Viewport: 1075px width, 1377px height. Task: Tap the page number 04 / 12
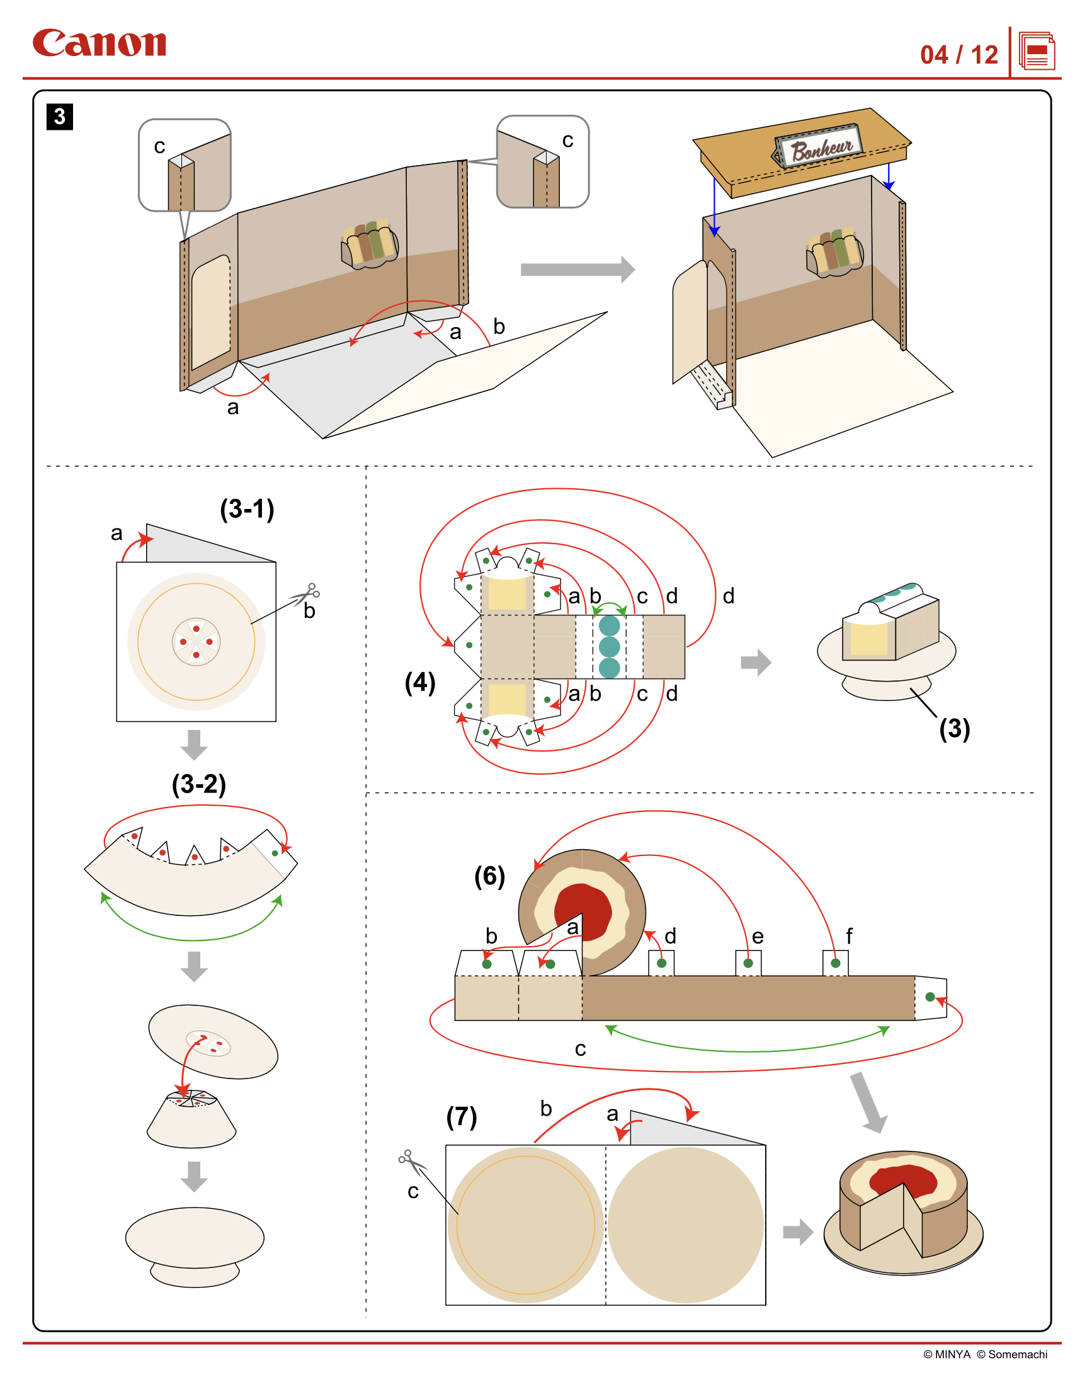click(x=958, y=55)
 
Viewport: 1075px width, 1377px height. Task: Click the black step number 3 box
click(x=60, y=117)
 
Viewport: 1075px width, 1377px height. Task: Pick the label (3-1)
click(x=247, y=510)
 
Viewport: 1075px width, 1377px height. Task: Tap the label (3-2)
click(x=198, y=784)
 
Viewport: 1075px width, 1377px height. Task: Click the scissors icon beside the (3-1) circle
click(x=307, y=594)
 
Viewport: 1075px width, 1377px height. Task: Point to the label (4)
click(x=420, y=682)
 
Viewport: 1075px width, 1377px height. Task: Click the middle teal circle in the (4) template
click(x=609, y=646)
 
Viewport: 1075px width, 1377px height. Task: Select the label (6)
click(x=489, y=876)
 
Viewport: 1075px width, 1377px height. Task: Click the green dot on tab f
click(x=836, y=963)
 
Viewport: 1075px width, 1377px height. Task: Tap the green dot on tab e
click(x=748, y=963)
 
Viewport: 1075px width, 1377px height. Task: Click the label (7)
click(x=462, y=1117)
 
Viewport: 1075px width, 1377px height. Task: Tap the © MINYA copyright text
click(x=947, y=1354)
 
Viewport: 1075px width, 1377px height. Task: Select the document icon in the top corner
click(x=1037, y=52)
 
